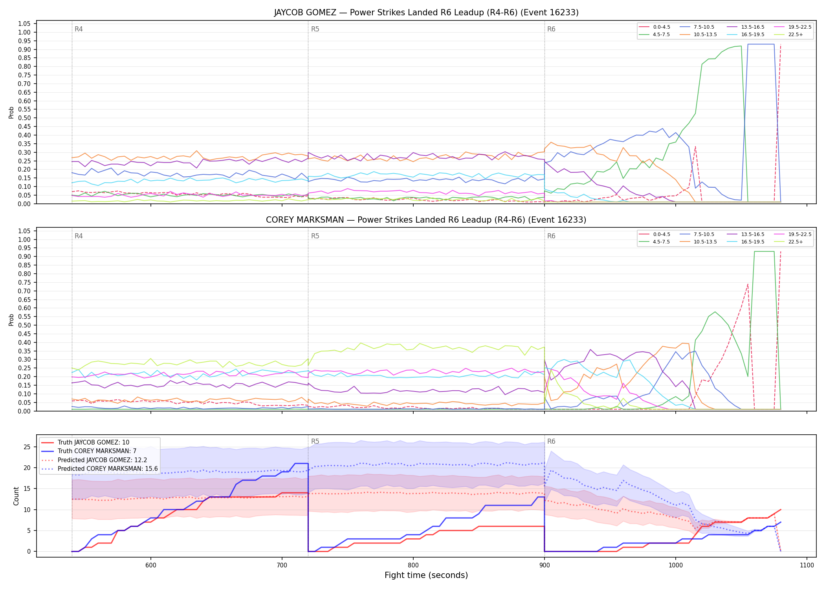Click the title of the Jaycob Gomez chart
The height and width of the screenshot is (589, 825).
[426, 13]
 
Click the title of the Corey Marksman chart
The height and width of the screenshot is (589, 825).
[426, 220]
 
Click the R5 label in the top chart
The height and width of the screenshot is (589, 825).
[315, 29]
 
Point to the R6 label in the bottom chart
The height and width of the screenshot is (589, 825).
[551, 441]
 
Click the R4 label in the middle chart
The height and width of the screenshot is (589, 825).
[79, 236]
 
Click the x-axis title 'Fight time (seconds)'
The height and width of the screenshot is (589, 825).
[426, 575]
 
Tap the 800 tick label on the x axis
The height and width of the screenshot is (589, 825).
[413, 565]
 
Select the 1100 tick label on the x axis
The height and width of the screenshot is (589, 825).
[807, 565]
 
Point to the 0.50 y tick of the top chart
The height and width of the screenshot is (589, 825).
[24, 118]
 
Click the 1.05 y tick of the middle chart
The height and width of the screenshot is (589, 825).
[24, 231]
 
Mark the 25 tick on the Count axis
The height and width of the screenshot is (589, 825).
[27, 447]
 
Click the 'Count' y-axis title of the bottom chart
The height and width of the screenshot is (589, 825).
[16, 496]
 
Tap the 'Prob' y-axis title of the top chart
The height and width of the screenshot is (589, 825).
[11, 112]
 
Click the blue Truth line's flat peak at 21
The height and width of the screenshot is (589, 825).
[301, 463]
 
